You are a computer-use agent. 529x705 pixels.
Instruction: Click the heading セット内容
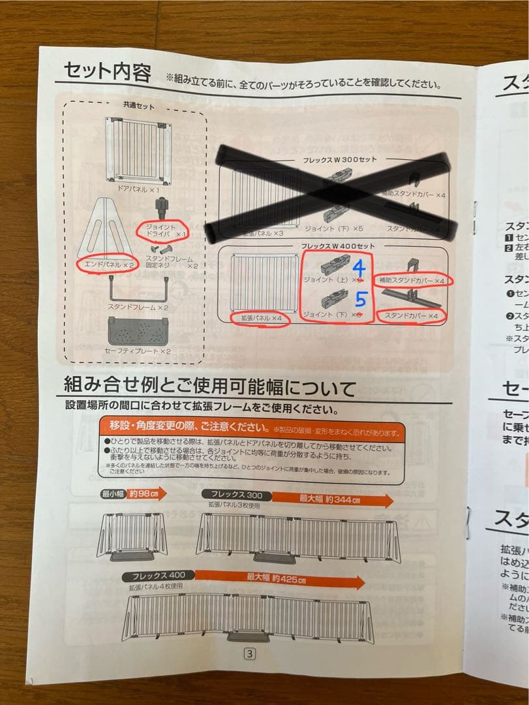click(107, 71)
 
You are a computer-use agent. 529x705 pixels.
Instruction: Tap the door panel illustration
click(138, 151)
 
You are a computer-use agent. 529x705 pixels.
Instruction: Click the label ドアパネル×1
click(140, 189)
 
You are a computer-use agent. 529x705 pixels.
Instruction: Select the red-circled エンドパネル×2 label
click(105, 264)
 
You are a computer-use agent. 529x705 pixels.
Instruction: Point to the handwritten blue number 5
click(361, 302)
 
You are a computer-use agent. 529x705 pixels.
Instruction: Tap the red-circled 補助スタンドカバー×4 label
click(413, 280)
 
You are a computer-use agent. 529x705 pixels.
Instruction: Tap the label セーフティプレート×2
click(138, 351)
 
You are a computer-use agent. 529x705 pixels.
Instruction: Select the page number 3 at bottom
click(249, 653)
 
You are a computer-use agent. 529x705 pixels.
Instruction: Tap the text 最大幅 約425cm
click(276, 578)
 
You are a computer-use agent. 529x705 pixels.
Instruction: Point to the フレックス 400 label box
click(155, 576)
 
